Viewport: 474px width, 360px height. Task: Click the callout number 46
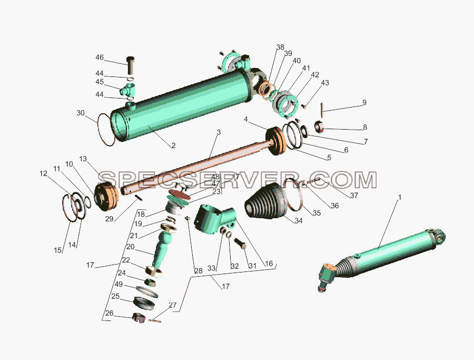(x=100, y=57)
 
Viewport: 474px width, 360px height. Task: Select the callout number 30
(x=81, y=113)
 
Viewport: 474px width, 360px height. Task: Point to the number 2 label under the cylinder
(x=173, y=145)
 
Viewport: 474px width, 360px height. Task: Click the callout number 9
(x=364, y=102)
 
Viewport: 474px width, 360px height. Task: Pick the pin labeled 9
(x=322, y=110)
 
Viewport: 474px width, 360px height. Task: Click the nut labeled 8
(x=320, y=126)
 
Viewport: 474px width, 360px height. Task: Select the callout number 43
(x=325, y=83)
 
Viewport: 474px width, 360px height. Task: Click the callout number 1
(x=399, y=198)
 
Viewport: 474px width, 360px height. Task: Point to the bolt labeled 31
(x=240, y=243)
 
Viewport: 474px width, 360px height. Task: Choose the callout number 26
(x=109, y=313)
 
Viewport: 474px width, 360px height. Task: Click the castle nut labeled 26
(x=139, y=317)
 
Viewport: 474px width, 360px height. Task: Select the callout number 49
(x=118, y=285)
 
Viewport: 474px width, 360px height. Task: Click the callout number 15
(x=58, y=250)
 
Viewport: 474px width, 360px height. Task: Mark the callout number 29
(x=109, y=219)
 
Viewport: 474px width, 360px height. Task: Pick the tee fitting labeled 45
(x=127, y=90)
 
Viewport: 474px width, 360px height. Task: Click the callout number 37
(x=354, y=195)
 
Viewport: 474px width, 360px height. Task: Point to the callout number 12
(x=43, y=173)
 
